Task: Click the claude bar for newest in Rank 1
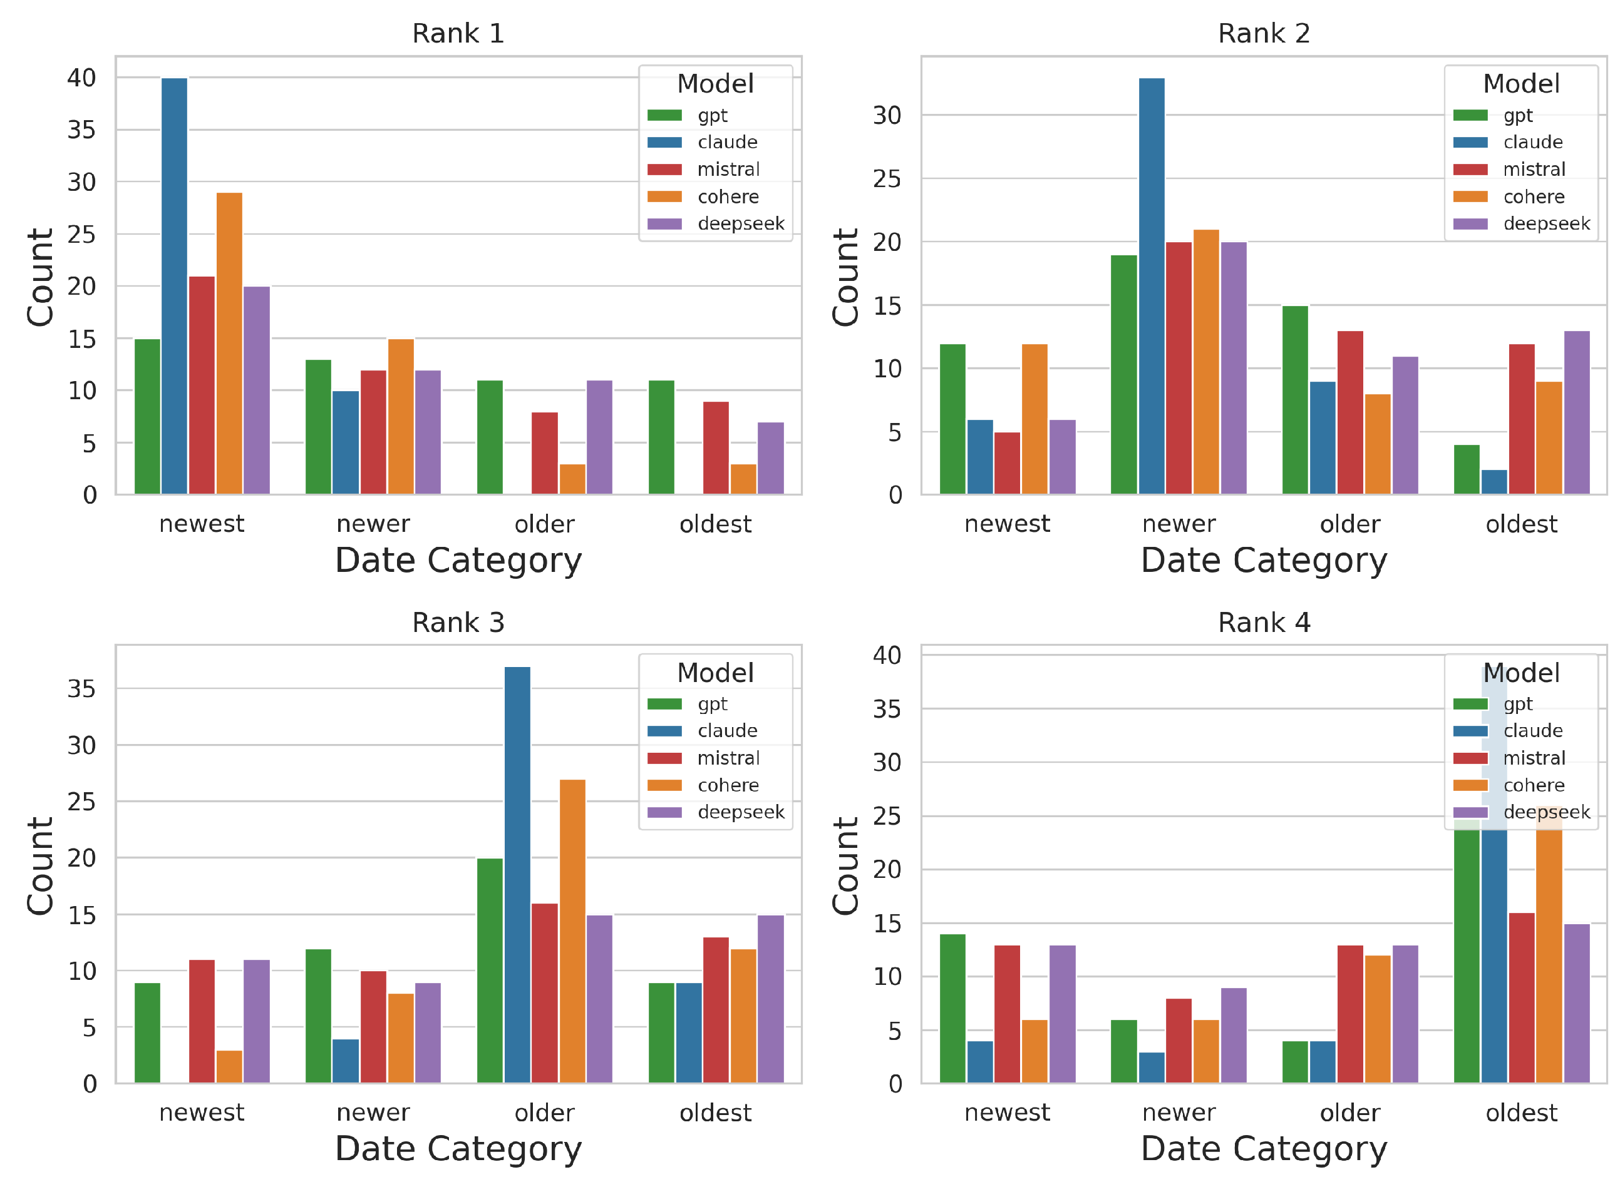tap(174, 286)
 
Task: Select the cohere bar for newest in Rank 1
tap(229, 344)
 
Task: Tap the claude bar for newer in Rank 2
tap(1151, 286)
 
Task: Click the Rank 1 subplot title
tap(458, 34)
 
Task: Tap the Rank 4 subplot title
tap(1264, 623)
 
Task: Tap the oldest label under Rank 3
tap(715, 1113)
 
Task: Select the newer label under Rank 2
tap(1179, 524)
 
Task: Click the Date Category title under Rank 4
tap(1264, 1149)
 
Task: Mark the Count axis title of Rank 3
tap(40, 866)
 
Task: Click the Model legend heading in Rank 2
tap(1520, 84)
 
